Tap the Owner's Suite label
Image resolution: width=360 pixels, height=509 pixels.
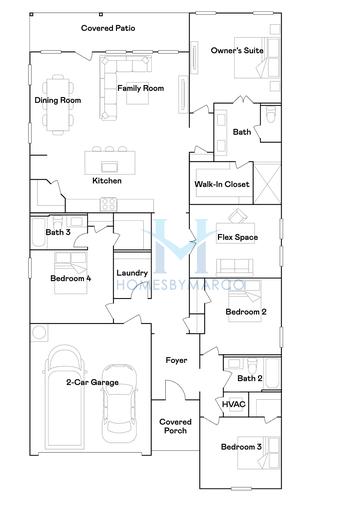(x=237, y=50)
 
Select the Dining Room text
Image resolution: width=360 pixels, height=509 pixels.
(x=57, y=100)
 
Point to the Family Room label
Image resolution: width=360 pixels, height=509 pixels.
(x=141, y=89)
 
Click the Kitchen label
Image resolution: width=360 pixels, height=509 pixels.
(x=107, y=181)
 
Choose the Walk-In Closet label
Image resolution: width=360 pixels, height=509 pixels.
(x=222, y=185)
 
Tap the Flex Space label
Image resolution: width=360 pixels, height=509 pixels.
(x=238, y=237)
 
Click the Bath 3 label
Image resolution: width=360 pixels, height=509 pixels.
(x=58, y=232)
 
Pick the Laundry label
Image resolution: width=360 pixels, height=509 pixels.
(x=132, y=273)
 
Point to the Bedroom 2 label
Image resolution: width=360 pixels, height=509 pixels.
(x=245, y=313)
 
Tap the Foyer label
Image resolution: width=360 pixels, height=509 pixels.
(x=177, y=361)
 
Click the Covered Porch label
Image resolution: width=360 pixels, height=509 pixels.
(x=175, y=428)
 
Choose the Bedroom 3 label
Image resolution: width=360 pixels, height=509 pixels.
(x=241, y=446)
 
